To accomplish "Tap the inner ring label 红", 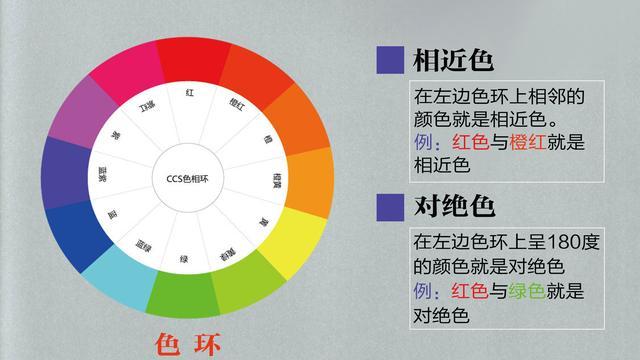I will tap(189, 93).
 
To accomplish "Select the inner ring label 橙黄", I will tap(277, 181).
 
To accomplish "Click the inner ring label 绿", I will tap(184, 259).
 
